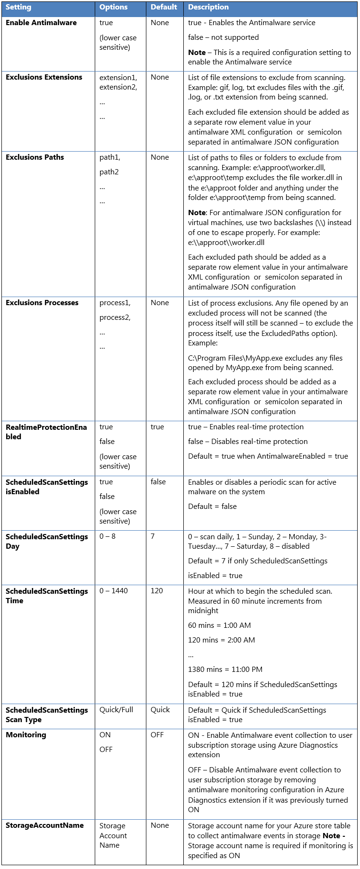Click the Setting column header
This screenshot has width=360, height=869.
pyautogui.click(x=18, y=8)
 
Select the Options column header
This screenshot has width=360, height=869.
pyautogui.click(x=113, y=8)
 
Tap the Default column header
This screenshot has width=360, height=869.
pyautogui.click(x=163, y=8)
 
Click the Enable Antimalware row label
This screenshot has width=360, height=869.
pyautogui.click(x=41, y=23)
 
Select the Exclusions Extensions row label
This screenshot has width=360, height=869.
pyautogui.click(x=44, y=77)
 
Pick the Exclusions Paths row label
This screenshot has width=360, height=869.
pyautogui.click(x=35, y=157)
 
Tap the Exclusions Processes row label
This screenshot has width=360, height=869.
pyautogui.click(x=42, y=303)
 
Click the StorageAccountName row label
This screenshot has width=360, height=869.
pyautogui.click(x=45, y=825)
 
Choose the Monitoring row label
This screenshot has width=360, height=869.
pyautogui.click(x=26, y=735)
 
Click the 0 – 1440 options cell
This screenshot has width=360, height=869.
pyautogui.click(x=113, y=591)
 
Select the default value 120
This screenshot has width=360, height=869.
pyautogui.click(x=156, y=591)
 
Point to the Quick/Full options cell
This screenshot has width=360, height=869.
pyautogui.click(x=116, y=710)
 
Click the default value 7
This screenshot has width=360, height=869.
pyautogui.click(x=153, y=536)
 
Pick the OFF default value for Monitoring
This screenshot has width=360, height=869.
pyautogui.click(x=157, y=735)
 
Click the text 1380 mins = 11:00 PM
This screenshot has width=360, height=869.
pyautogui.click(x=225, y=670)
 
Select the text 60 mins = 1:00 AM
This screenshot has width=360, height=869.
pyautogui.click(x=219, y=625)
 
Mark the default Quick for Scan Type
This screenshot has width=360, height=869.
pyautogui.click(x=160, y=710)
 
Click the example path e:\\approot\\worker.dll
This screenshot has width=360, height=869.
pyautogui.click(x=226, y=243)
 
